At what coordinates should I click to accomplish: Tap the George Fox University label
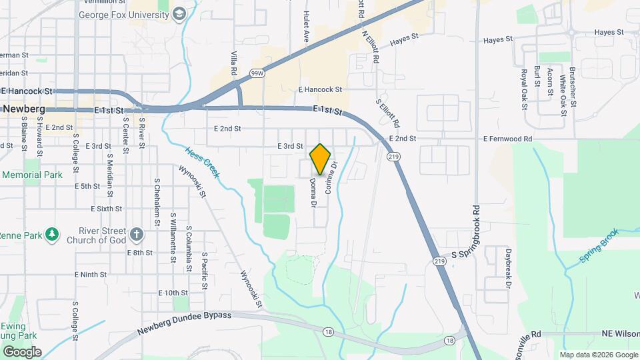pyautogui.click(x=124, y=14)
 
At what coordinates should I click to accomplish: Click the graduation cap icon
pyautogui.click(x=179, y=14)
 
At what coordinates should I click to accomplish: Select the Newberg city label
pyautogui.click(x=23, y=109)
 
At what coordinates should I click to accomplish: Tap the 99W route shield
pyautogui.click(x=255, y=73)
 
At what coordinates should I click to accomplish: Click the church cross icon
pyautogui.click(x=137, y=234)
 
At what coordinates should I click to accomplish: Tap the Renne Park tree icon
pyautogui.click(x=53, y=235)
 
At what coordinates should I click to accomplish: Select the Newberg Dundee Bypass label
pyautogui.click(x=184, y=323)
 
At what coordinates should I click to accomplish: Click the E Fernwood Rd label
pyautogui.click(x=508, y=139)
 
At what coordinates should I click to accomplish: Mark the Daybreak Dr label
pyautogui.click(x=508, y=269)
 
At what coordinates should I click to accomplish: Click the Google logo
pyautogui.click(x=22, y=351)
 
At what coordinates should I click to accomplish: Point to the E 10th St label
pyautogui.click(x=173, y=293)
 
